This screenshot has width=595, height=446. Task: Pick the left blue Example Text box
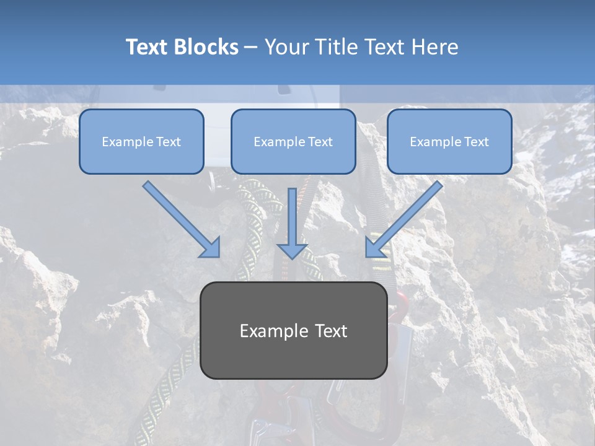point(141,141)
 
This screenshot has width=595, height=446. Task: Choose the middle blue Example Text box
point(293,141)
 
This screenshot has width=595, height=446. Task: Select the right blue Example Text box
point(449,141)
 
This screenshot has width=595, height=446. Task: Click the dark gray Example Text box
point(293,330)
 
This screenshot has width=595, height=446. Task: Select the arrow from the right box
point(406,217)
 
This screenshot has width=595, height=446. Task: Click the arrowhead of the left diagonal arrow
point(211,248)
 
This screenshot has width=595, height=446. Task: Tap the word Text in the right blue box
point(476,141)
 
